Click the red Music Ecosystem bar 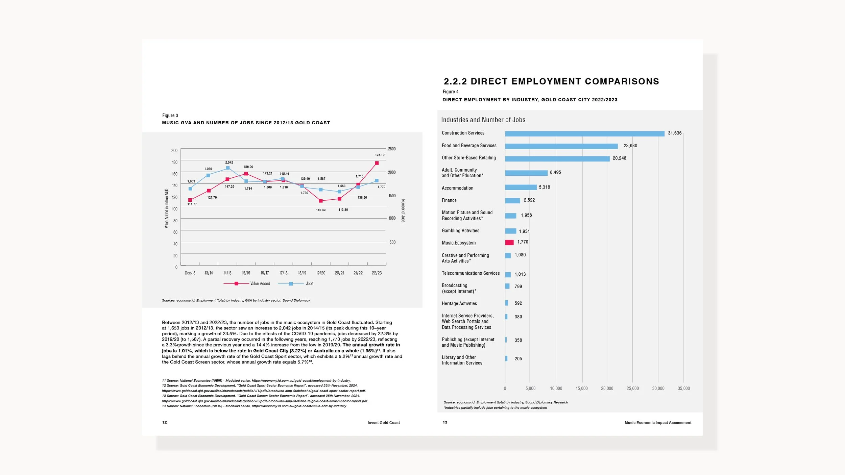pyautogui.click(x=509, y=242)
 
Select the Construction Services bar pyautogui.click(x=585, y=134)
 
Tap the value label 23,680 pyautogui.click(x=630, y=146)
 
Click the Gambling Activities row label pyautogui.click(x=460, y=231)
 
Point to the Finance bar pyautogui.click(x=512, y=201)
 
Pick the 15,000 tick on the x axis pyautogui.click(x=582, y=389)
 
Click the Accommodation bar pyautogui.click(x=521, y=187)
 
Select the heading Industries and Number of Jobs pyautogui.click(x=483, y=120)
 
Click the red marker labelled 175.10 pyautogui.click(x=377, y=163)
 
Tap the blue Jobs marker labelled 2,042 pyautogui.click(x=228, y=168)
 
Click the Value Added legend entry pyautogui.click(x=247, y=284)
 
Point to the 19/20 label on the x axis pyautogui.click(x=321, y=273)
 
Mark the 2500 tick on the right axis pyautogui.click(x=392, y=149)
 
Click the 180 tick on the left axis pyautogui.click(x=174, y=162)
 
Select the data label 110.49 pyautogui.click(x=321, y=210)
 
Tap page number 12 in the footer pyautogui.click(x=165, y=422)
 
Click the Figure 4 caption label pyautogui.click(x=451, y=92)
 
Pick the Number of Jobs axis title pyautogui.click(x=403, y=211)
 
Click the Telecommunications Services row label pyautogui.click(x=470, y=273)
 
